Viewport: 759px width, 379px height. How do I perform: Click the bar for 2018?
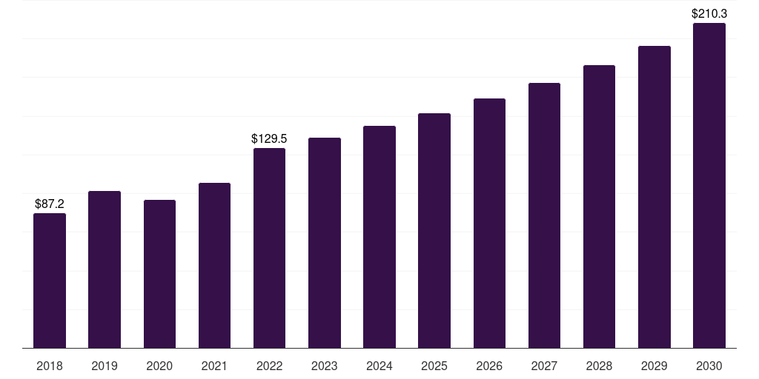point(50,281)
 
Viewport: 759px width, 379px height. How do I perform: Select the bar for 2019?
point(105,269)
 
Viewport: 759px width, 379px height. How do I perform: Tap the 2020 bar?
point(160,274)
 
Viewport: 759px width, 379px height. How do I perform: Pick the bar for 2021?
point(214,266)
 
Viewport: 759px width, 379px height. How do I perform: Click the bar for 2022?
point(269,248)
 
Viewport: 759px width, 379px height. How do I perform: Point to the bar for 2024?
point(379,237)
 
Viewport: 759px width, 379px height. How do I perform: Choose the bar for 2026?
point(489,224)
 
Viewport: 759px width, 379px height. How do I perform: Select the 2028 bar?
point(599,207)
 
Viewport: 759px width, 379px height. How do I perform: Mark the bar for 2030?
point(709,185)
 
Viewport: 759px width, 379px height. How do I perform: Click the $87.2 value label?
point(50,204)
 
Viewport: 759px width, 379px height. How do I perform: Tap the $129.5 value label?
point(269,138)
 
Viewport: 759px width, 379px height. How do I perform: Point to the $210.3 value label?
point(709,13)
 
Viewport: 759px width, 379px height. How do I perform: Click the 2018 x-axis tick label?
point(50,366)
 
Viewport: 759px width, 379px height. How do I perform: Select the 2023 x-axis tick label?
point(325,366)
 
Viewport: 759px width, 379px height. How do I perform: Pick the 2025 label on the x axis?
point(434,366)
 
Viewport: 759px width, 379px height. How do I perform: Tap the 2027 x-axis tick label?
point(544,366)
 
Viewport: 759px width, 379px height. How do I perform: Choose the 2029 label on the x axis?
point(654,366)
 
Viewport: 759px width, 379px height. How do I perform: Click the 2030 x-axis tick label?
point(709,366)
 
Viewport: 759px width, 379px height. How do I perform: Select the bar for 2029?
point(654,197)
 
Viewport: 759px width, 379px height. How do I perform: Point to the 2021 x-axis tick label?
point(214,366)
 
